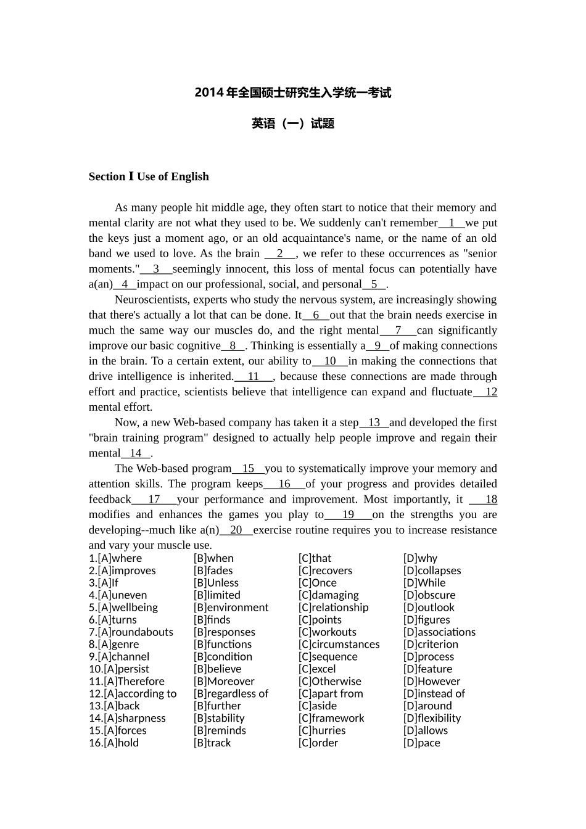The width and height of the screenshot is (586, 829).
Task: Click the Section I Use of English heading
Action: [149, 176]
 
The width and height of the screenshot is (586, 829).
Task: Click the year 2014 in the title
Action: [208, 93]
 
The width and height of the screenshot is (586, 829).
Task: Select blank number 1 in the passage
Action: [452, 223]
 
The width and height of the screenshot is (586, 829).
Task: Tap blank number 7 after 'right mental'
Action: [398, 331]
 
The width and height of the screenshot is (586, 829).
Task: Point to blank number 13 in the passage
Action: [374, 423]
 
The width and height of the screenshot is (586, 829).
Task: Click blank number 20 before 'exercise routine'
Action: [236, 530]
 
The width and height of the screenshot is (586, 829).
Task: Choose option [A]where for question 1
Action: [115, 558]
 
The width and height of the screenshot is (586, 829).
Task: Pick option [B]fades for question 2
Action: [213, 571]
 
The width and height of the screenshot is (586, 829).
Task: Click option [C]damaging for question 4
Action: [329, 595]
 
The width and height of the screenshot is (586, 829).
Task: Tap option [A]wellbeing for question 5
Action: [123, 608]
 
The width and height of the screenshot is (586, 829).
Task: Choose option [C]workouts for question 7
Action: [328, 632]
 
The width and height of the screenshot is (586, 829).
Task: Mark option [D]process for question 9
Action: [429, 657]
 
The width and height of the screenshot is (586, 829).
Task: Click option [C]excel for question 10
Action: [317, 669]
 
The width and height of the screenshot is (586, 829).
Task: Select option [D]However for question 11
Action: [432, 682]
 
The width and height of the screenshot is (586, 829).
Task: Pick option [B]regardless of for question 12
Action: [231, 694]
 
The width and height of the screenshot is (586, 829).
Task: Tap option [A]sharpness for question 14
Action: [127, 719]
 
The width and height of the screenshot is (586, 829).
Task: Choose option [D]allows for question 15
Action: [426, 731]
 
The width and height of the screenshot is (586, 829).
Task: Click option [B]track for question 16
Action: [212, 743]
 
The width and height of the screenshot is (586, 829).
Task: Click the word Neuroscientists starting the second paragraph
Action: [152, 300]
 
